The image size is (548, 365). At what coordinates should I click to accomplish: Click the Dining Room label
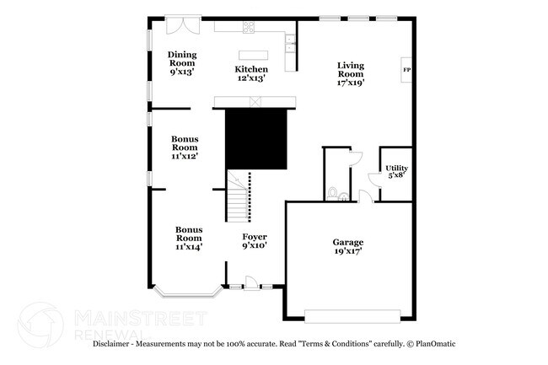[182, 62]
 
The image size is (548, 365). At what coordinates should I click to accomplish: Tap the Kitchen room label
[251, 73]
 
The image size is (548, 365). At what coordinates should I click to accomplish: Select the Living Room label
[351, 74]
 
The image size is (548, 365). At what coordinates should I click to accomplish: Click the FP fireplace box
[406, 70]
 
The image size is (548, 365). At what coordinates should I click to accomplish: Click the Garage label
[347, 246]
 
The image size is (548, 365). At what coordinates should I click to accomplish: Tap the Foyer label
[255, 240]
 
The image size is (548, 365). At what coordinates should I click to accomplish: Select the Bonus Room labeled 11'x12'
[185, 147]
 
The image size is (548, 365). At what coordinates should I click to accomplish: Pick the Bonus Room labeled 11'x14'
[189, 237]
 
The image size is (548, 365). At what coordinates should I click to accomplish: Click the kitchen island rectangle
[252, 56]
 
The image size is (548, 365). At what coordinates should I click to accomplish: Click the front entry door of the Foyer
[250, 282]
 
